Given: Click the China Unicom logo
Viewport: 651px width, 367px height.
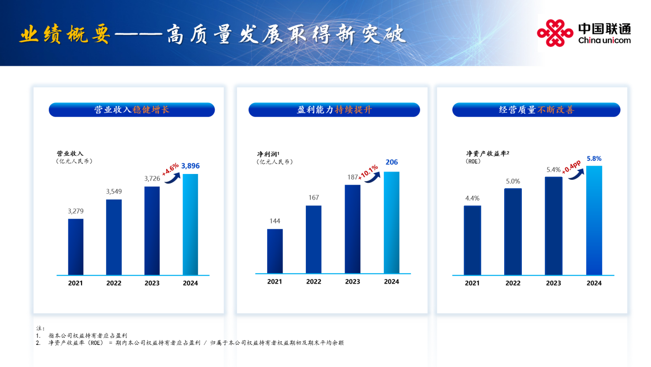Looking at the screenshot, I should pyautogui.click(x=584, y=33).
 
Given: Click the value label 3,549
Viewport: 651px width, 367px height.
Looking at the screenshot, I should pyautogui.click(x=114, y=192).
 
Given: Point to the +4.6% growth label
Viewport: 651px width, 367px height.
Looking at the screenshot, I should pyautogui.click(x=170, y=169).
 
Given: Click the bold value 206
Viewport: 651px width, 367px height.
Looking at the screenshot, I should pyautogui.click(x=391, y=162).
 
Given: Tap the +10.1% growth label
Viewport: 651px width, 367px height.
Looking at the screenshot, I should pyautogui.click(x=368, y=172).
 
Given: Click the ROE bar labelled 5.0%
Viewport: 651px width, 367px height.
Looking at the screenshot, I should pyautogui.click(x=513, y=231).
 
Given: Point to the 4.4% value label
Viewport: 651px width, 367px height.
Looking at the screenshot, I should pyautogui.click(x=472, y=198).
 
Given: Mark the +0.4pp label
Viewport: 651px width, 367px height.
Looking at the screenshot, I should pyautogui.click(x=571, y=167).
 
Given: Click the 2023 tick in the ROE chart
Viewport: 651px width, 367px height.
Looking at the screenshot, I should pyautogui.click(x=553, y=283).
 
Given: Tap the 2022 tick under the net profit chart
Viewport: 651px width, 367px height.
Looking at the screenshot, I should pyautogui.click(x=313, y=282).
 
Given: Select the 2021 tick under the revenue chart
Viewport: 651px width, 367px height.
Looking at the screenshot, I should pyautogui.click(x=75, y=283).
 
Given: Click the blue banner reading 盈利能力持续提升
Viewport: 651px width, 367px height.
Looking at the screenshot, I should pyautogui.click(x=334, y=110).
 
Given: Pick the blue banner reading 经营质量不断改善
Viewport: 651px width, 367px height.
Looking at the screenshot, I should pyautogui.click(x=536, y=110).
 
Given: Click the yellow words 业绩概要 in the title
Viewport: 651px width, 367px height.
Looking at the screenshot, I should pyautogui.click(x=65, y=34).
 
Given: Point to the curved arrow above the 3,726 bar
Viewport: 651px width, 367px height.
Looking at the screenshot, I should pyautogui.click(x=173, y=178).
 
